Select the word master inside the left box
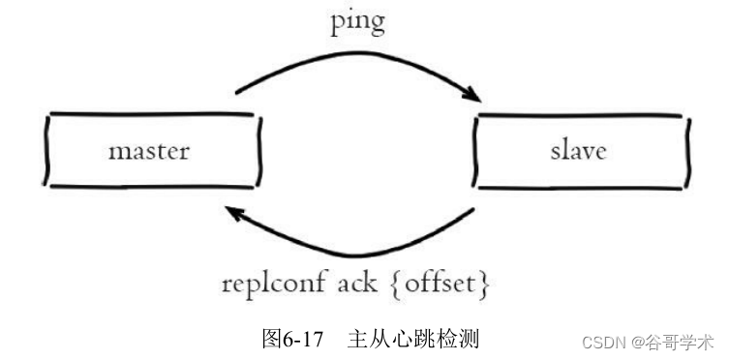point(148,151)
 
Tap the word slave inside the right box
point(578,151)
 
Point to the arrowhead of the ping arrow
point(472,97)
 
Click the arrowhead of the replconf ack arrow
point(232,210)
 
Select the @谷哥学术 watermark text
point(674,342)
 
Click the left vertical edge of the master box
point(46,151)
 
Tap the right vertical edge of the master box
point(258,151)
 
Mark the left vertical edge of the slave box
point(476,151)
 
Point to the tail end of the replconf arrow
point(472,211)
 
